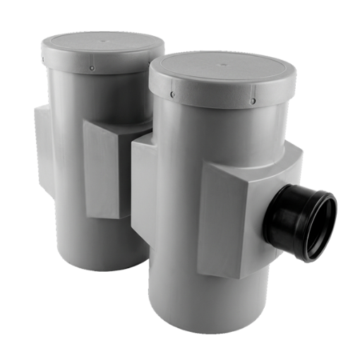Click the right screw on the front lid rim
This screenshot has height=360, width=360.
[253, 102]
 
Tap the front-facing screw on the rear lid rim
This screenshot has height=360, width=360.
[92, 68]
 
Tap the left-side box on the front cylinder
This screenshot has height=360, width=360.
[141, 191]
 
